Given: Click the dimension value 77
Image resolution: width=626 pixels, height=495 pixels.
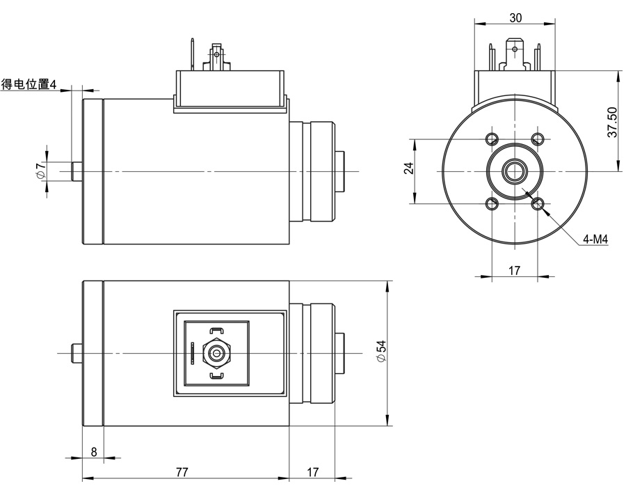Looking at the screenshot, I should click(x=182, y=471).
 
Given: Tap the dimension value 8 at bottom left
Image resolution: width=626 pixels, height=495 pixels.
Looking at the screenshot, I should click(x=94, y=451).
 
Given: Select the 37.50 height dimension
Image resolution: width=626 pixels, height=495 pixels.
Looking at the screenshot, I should click(x=612, y=123).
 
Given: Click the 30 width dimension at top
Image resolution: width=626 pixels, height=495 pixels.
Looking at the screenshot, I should click(x=515, y=18).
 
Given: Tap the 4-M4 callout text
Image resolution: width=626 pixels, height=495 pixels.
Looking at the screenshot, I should click(x=596, y=239).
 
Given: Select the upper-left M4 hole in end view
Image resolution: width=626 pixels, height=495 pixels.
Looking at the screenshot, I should click(x=492, y=137).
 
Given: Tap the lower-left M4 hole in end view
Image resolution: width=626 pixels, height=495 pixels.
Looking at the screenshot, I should click(x=492, y=203).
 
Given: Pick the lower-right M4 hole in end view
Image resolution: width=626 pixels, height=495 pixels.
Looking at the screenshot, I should click(x=538, y=203).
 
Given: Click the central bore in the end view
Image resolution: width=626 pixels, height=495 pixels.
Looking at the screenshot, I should click(x=515, y=170).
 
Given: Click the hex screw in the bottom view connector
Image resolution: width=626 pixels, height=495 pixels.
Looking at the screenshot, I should click(x=217, y=353).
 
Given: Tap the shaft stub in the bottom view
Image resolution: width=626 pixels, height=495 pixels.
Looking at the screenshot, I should click(x=77, y=353).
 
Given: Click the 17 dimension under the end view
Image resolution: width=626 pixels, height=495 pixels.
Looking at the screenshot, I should click(x=515, y=271).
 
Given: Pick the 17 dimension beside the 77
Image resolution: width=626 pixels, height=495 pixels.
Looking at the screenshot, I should click(x=312, y=471).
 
